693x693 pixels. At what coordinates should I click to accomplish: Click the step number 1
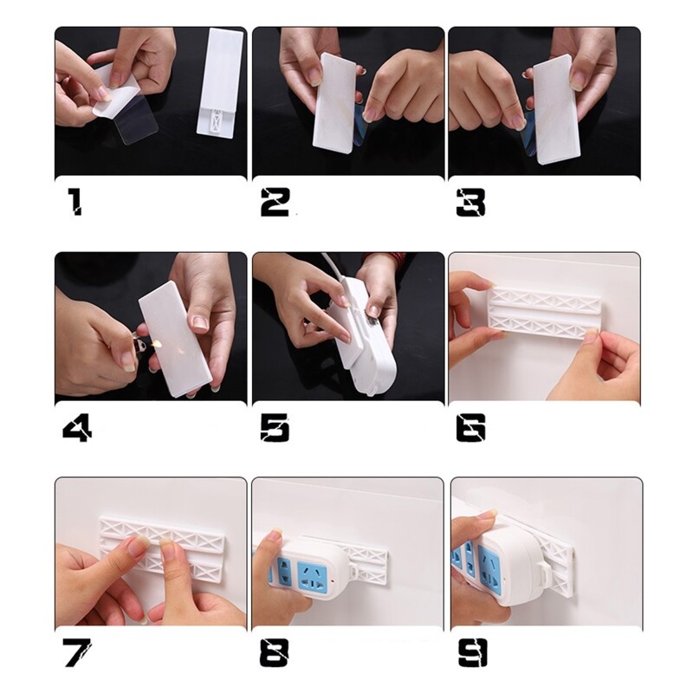pyautogui.click(x=75, y=202)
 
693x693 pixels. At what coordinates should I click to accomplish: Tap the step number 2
pyautogui.click(x=275, y=202)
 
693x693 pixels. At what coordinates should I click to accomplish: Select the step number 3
pyautogui.click(x=470, y=202)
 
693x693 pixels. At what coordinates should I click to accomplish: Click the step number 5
pyautogui.click(x=275, y=427)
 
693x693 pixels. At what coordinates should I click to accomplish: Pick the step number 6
pyautogui.click(x=470, y=427)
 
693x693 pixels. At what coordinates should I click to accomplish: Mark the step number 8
pyautogui.click(x=275, y=652)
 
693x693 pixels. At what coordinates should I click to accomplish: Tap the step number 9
pyautogui.click(x=470, y=652)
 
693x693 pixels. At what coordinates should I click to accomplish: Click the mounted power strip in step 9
pyautogui.click(x=502, y=563)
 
